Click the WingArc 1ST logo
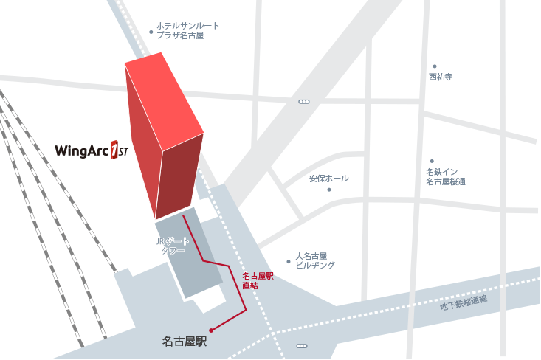(92, 150)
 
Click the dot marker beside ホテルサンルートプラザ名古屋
(151, 32)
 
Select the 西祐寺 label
(440, 77)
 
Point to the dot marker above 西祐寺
(435, 66)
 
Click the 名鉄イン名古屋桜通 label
(445, 176)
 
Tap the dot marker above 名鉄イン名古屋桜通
(432, 161)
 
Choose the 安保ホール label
(328, 179)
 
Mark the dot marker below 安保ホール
(329, 190)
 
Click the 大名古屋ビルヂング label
(315, 260)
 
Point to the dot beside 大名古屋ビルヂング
(289, 261)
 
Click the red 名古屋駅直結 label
(258, 280)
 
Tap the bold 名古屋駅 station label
(184, 342)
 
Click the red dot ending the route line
(211, 330)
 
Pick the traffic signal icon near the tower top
(304, 101)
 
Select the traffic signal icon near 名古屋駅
(300, 345)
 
